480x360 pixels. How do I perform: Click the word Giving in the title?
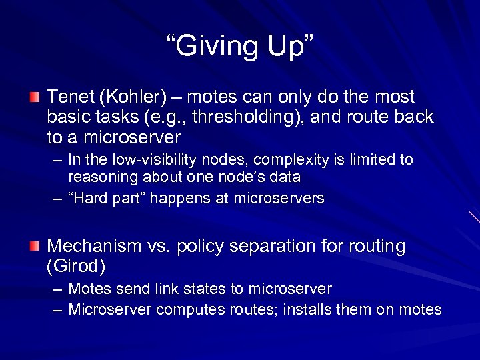pyautogui.click(x=211, y=47)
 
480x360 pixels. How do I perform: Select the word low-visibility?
pyautogui.click(x=154, y=160)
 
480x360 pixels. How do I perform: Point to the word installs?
pyautogui.click(x=309, y=309)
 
